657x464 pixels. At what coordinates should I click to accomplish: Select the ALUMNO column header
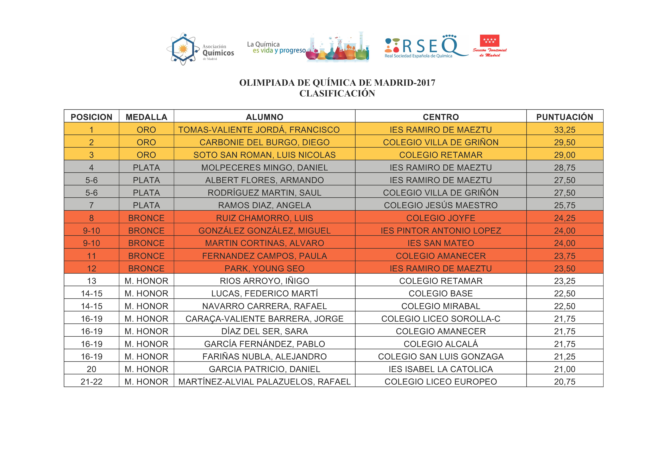(264, 117)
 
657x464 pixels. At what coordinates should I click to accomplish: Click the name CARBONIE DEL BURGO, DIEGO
(264, 142)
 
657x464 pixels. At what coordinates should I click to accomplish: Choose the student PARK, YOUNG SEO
(264, 269)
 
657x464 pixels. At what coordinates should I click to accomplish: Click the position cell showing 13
(92, 281)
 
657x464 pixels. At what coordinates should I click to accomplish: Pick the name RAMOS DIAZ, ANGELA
(264, 205)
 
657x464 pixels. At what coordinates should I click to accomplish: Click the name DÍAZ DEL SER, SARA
(264, 331)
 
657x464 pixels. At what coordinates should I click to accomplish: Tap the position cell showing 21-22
(92, 382)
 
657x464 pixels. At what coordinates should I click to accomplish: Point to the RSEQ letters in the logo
(429, 46)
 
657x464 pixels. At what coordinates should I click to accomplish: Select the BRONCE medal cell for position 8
(146, 218)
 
